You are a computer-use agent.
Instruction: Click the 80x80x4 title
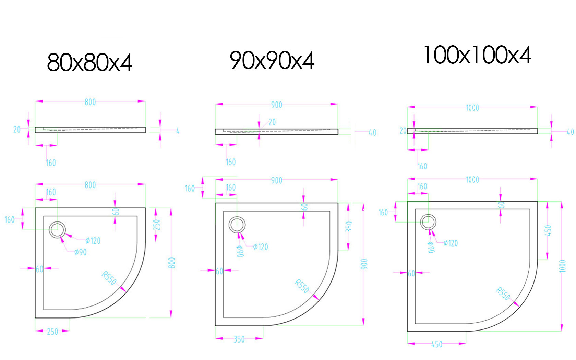click(x=90, y=62)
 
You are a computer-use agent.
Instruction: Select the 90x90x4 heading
click(x=272, y=60)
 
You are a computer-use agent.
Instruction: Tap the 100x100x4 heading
click(x=477, y=55)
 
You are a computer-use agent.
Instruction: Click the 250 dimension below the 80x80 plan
click(x=52, y=332)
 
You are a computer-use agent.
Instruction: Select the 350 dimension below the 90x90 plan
click(x=239, y=339)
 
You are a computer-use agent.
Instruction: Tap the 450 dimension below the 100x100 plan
click(x=437, y=344)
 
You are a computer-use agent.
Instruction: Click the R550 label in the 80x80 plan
click(x=109, y=278)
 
